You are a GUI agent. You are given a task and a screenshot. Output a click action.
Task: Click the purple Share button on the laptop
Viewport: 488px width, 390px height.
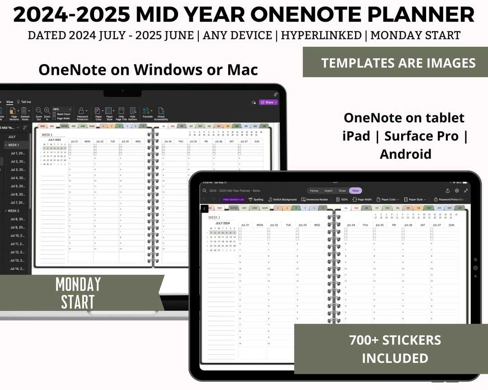click(x=268, y=102)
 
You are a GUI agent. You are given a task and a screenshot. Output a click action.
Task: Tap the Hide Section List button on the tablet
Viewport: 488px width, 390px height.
click(x=233, y=200)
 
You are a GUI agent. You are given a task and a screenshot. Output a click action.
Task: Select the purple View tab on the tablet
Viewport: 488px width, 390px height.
click(x=355, y=190)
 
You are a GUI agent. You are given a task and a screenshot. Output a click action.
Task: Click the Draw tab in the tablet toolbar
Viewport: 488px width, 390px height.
click(x=342, y=190)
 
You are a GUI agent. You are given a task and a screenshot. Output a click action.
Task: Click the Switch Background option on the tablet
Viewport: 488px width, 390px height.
click(x=282, y=200)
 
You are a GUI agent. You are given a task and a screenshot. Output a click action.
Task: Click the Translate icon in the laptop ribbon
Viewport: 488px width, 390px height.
click(x=147, y=112)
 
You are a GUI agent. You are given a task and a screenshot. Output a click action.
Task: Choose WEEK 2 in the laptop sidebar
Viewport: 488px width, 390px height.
click(x=13, y=211)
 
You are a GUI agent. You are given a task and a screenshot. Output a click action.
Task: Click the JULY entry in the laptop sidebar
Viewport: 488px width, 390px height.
click(x=12, y=137)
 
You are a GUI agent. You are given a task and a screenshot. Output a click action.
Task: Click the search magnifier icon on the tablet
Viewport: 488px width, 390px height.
click(x=205, y=190)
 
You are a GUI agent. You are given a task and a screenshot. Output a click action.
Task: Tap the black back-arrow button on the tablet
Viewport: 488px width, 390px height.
click(x=205, y=209)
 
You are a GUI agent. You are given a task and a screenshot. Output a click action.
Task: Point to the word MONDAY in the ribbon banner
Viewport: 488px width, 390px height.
click(x=78, y=284)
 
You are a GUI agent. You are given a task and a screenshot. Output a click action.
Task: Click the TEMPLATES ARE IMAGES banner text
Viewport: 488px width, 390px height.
click(x=398, y=63)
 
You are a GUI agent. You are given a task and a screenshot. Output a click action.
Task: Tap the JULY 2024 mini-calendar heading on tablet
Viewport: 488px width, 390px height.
click(x=223, y=223)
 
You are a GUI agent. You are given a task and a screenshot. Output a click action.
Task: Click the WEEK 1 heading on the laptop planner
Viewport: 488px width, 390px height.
click(x=47, y=135)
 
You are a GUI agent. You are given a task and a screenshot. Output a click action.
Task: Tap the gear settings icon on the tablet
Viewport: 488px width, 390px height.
click(x=457, y=190)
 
